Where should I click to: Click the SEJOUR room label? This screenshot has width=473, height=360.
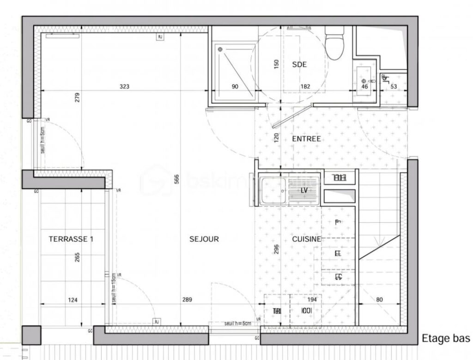click(x=204, y=239)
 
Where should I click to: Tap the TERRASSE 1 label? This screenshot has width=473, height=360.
click(x=71, y=239)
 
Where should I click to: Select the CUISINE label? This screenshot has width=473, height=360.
click(x=307, y=239)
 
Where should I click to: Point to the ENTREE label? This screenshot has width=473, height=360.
click(x=306, y=139)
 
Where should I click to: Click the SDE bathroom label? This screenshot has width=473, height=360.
click(x=299, y=65)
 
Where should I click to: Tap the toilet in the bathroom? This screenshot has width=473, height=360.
click(x=332, y=44)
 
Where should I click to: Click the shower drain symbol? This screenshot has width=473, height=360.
click(x=220, y=49)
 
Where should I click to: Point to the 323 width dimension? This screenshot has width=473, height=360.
click(x=124, y=86)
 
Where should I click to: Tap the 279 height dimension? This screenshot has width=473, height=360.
click(x=78, y=98)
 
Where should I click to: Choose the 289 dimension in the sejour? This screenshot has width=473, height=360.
click(x=187, y=300)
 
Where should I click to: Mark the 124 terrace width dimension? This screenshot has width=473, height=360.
click(x=73, y=300)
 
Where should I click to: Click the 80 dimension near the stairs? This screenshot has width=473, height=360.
click(x=380, y=300)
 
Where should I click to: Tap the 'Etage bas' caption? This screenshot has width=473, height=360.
click(x=446, y=338)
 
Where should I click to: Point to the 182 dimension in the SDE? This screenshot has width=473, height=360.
click(x=304, y=86)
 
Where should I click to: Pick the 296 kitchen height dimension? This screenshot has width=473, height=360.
click(x=277, y=249)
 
